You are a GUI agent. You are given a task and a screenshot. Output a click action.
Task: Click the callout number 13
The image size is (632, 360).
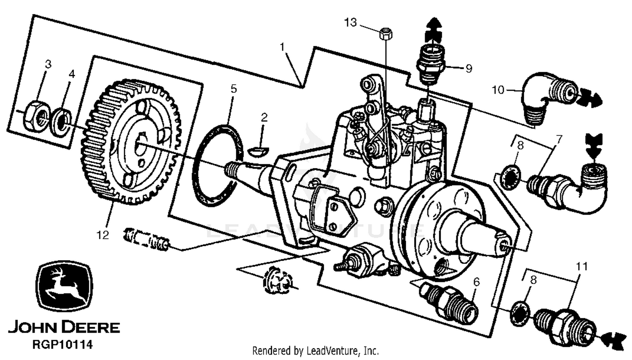pos(351,22)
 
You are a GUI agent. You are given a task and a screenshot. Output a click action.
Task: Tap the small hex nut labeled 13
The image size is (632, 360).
pos(385,33)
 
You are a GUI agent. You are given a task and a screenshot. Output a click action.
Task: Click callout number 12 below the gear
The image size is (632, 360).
pos(103,235)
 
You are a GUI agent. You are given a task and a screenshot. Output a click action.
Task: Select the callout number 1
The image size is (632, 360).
pos(282,46)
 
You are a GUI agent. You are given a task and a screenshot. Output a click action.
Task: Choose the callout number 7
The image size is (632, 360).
pos(559,140)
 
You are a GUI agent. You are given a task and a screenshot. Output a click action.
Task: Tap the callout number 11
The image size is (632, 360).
pos(582,266)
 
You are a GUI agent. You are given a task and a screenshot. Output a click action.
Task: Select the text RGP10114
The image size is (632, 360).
pos(63,345)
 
